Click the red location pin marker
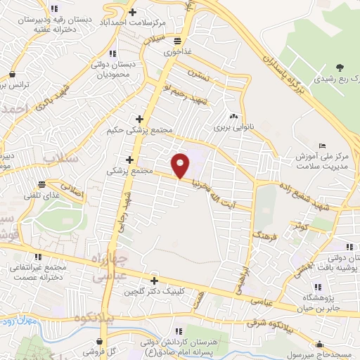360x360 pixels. click(x=181, y=165)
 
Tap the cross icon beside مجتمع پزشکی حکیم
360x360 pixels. click(x=139, y=119)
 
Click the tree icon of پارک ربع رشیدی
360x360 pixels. click(x=340, y=67)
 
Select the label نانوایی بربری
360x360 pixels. click(x=233, y=129)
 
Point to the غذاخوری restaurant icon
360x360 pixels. click(x=176, y=41)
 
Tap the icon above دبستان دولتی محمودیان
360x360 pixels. click(x=111, y=53)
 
